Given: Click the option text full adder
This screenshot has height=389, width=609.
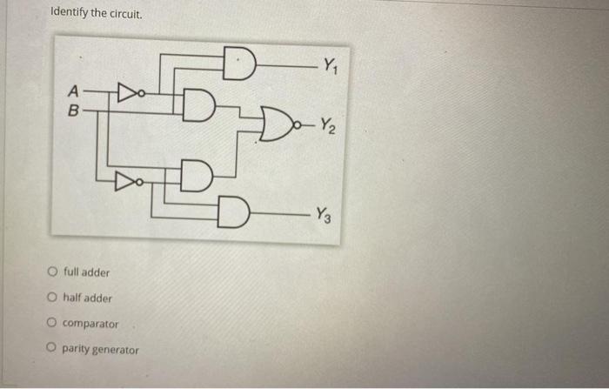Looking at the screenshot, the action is pyautogui.click(x=86, y=272).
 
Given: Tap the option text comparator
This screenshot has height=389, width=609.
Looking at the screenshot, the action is pyautogui.click(x=90, y=324).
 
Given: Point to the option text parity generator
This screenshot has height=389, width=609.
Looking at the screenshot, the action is pyautogui.click(x=101, y=350).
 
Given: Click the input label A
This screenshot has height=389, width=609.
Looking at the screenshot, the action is pyautogui.click(x=74, y=91).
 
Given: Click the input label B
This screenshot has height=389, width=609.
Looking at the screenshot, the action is pyautogui.click(x=74, y=111).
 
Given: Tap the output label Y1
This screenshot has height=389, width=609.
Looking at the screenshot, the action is pyautogui.click(x=330, y=64).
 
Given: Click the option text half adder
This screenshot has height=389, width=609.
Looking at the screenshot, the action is pyautogui.click(x=87, y=298).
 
